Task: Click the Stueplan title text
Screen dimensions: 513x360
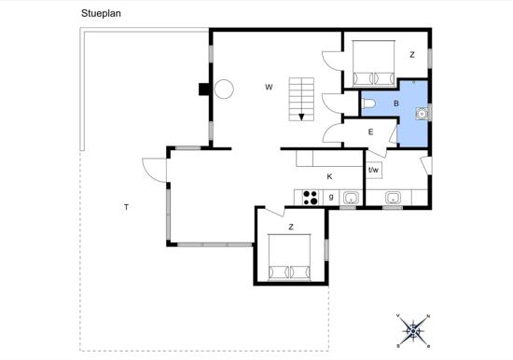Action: tap(101, 13)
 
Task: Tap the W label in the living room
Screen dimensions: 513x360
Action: tap(269, 87)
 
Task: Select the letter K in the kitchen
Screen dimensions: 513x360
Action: tap(329, 176)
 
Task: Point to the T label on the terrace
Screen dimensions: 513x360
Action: tap(126, 207)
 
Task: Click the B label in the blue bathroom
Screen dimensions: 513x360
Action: tap(396, 104)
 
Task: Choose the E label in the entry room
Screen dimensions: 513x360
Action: tap(370, 132)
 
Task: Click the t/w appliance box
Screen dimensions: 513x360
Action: tap(374, 170)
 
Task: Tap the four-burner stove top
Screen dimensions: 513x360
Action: tap(311, 198)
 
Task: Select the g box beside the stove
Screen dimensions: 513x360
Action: tap(331, 198)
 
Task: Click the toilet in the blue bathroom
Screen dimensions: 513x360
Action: tap(368, 104)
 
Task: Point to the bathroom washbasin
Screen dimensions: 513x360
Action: tap(422, 114)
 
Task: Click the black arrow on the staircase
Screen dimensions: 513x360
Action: tap(301, 117)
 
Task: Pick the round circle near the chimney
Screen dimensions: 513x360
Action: tap(224, 89)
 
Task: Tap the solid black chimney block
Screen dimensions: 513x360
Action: tap(204, 89)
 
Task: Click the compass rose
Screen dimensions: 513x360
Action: tap(413, 331)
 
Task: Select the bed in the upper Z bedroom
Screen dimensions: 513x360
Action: tap(373, 63)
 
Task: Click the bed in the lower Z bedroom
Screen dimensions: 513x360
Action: tap(289, 257)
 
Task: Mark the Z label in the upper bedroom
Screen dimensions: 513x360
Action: tap(412, 55)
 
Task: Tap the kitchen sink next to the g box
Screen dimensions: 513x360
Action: tap(351, 198)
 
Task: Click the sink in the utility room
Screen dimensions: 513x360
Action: tap(393, 198)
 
